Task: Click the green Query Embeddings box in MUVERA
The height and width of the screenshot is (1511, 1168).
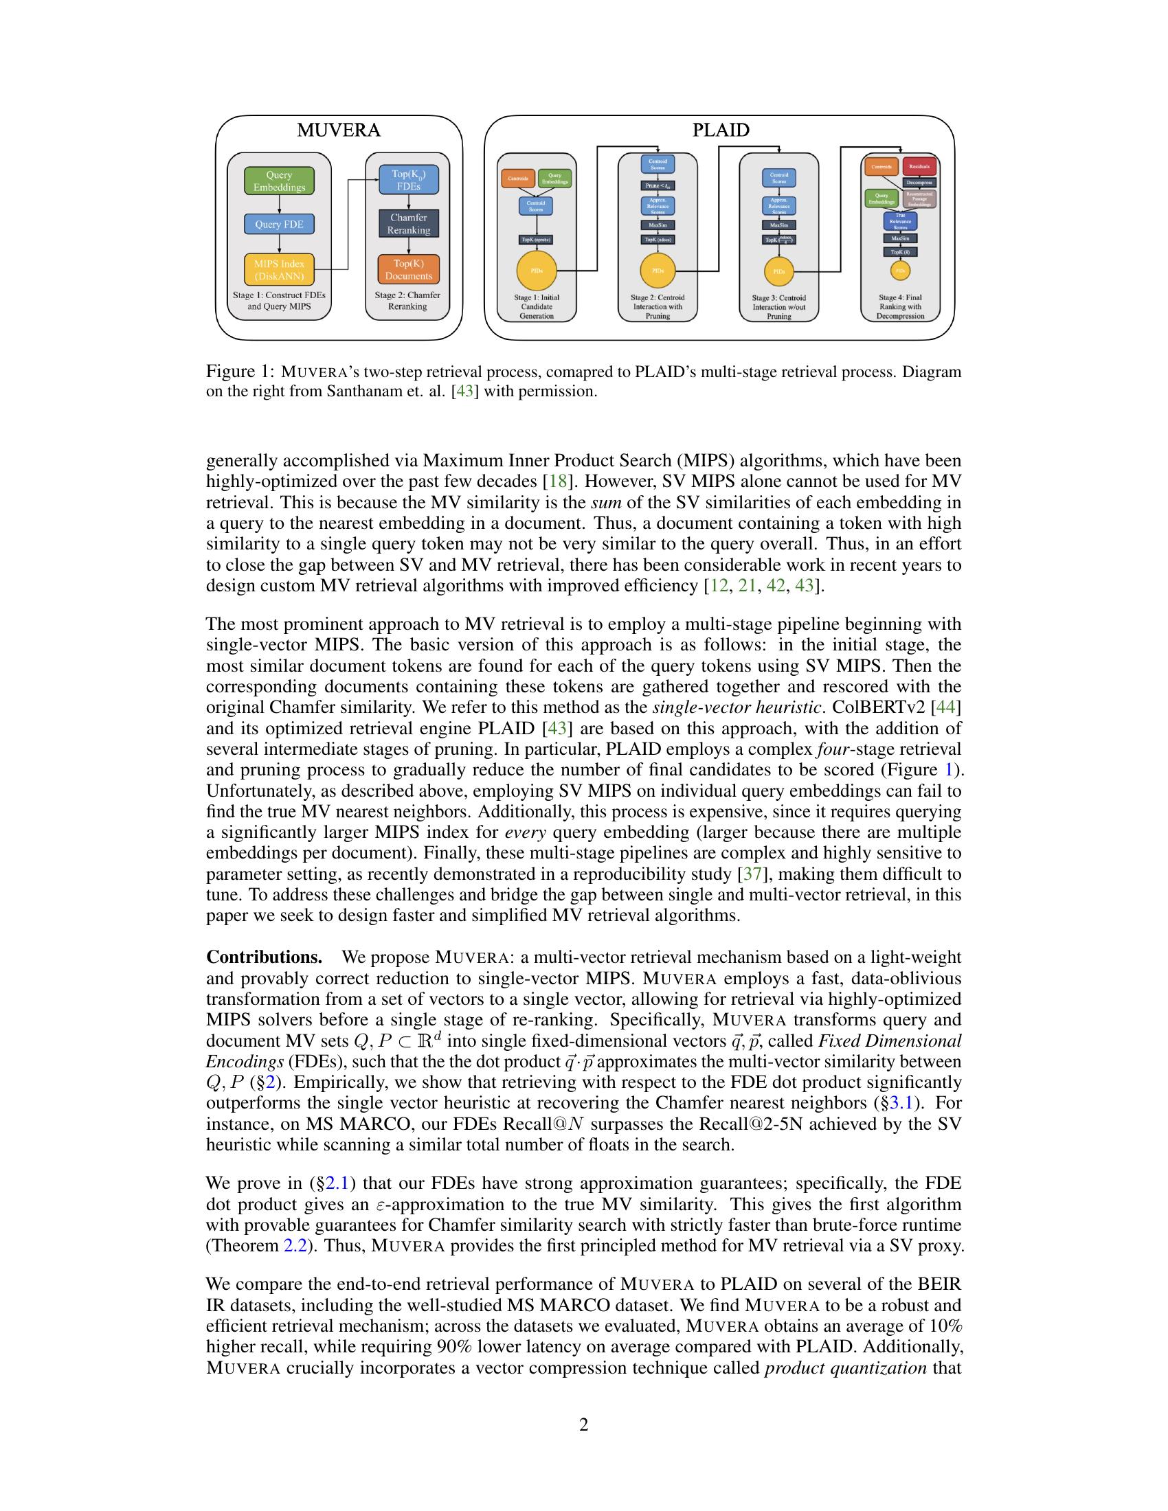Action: (279, 181)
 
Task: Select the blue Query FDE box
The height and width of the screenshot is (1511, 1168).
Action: (279, 224)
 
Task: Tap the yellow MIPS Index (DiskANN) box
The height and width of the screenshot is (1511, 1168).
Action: (279, 270)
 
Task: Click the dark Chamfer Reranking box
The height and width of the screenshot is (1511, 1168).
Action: (408, 224)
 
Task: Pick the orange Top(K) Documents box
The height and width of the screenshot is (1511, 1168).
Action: (408, 270)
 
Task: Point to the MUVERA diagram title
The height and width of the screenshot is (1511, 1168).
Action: (338, 130)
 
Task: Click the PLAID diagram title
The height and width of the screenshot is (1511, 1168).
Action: (720, 130)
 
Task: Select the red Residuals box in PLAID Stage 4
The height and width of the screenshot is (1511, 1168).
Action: (919, 167)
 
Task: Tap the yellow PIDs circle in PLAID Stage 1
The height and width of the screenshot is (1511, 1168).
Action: (537, 271)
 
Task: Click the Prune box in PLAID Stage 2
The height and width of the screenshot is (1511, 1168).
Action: (658, 185)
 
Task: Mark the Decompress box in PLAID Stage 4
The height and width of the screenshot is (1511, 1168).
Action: (919, 183)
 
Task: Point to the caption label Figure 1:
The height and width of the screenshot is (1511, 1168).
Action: (240, 372)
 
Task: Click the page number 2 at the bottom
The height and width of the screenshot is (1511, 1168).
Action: (583, 1424)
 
